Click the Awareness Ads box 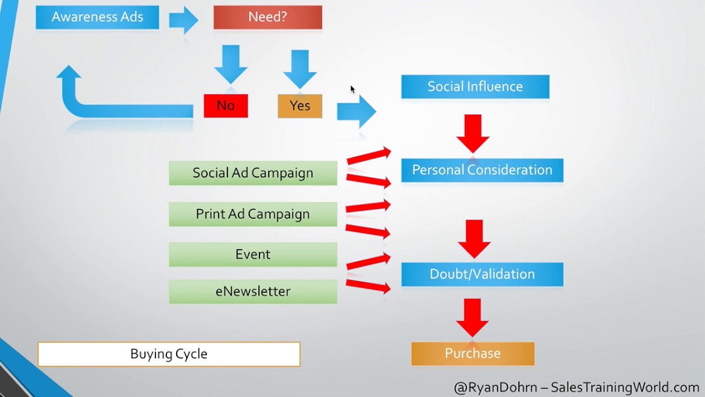pos(97,17)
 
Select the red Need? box pos(268,17)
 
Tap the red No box pos(226,106)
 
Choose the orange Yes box pos(300,106)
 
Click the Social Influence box pos(475,87)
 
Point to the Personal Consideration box pos(482,170)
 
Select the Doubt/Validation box pos(482,274)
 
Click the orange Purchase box pos(473,353)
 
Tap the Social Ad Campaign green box pos(253,173)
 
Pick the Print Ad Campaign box pos(253,214)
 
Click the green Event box pos(253,254)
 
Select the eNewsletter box pos(253,291)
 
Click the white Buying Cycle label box pos(169,354)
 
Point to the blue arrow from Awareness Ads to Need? pos(183,20)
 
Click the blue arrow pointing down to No pos(231,64)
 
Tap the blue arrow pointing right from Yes pos(356,111)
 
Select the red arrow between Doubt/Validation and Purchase pos(473,318)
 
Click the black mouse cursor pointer pos(352,89)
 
